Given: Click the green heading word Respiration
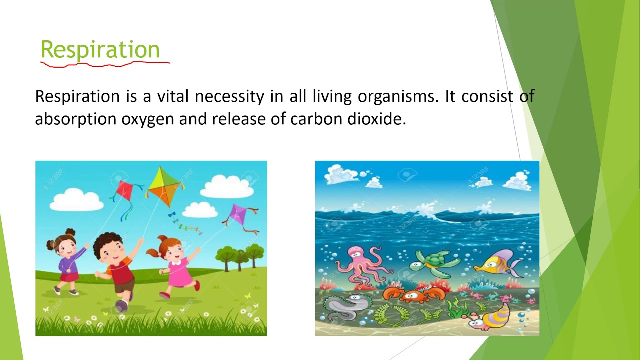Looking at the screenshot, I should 100,49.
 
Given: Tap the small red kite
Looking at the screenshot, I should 124,190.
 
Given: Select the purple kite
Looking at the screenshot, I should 236,215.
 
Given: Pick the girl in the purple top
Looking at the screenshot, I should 67,260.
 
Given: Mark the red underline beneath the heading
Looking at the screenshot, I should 105,64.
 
